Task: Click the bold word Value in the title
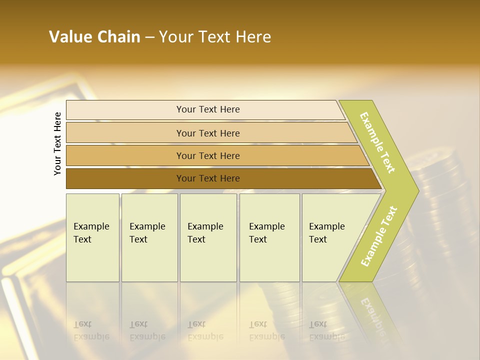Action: (70, 37)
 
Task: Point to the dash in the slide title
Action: (149, 37)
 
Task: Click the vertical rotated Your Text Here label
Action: (57, 143)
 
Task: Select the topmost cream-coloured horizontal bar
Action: (207, 109)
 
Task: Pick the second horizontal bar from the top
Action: (207, 133)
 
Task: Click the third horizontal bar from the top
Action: (207, 155)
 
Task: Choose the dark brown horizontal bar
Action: (207, 178)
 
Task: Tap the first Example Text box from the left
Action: (92, 237)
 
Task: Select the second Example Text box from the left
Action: (149, 237)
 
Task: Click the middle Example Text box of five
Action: (208, 237)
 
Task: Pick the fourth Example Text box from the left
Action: (269, 237)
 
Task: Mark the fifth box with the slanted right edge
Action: (330, 237)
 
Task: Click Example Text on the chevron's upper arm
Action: (377, 142)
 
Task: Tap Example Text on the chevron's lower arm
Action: (378, 236)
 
